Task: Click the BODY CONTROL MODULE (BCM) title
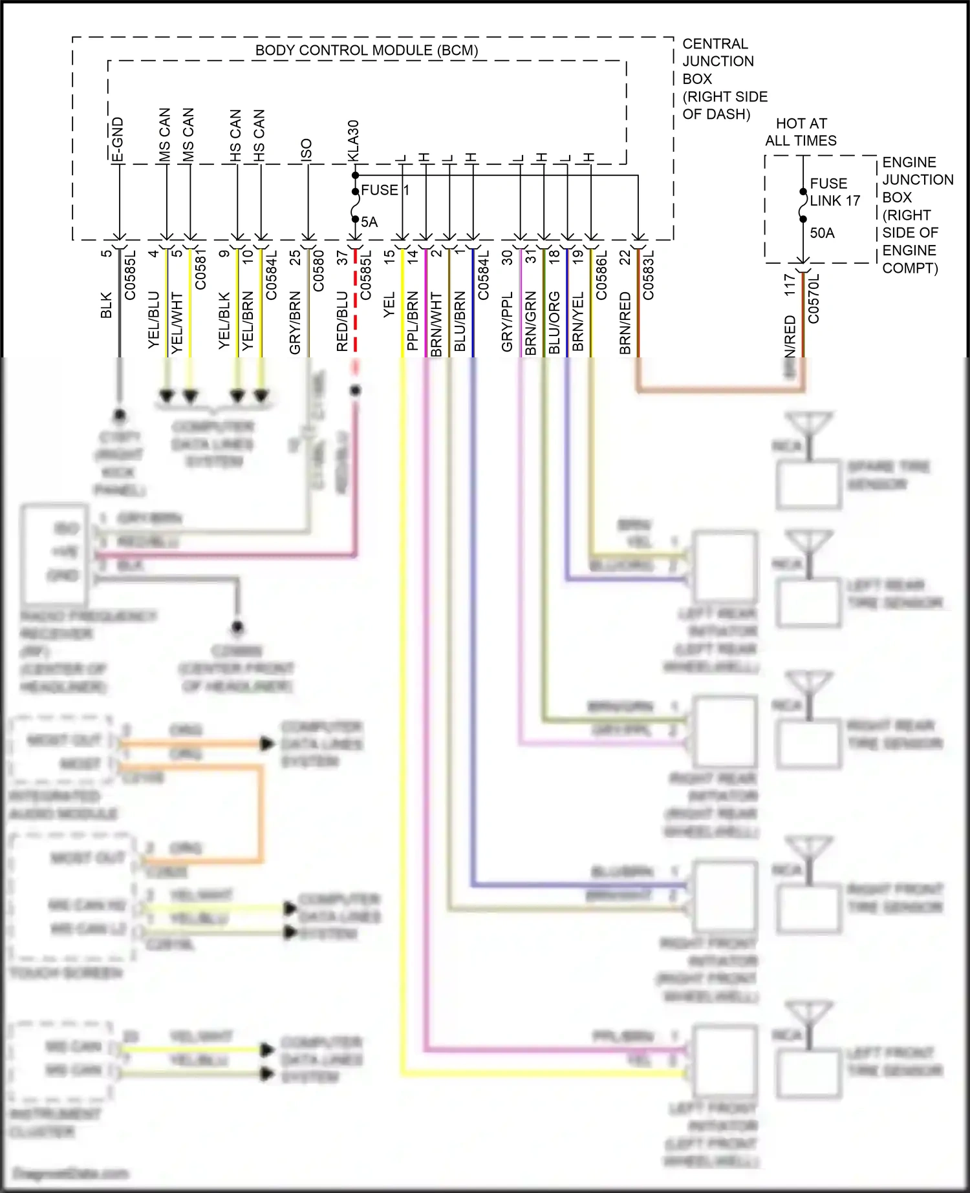pos(367,50)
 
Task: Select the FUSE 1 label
pos(385,190)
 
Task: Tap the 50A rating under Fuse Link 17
pos(822,233)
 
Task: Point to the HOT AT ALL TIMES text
pos(801,132)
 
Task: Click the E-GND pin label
pos(118,139)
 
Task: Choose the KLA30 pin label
pos(353,140)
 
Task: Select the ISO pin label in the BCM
pos(307,149)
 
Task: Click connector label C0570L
pos(814,298)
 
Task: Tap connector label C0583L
pos(649,275)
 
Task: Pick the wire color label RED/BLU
pos(343,321)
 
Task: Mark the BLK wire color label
pos(107,305)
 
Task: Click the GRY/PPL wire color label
pos(507,321)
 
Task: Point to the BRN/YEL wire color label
pos(578,321)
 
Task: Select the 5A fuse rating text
pos(369,222)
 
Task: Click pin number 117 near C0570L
pos(790,284)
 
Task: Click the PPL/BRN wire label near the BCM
pos(413,321)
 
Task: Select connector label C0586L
pos(601,275)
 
